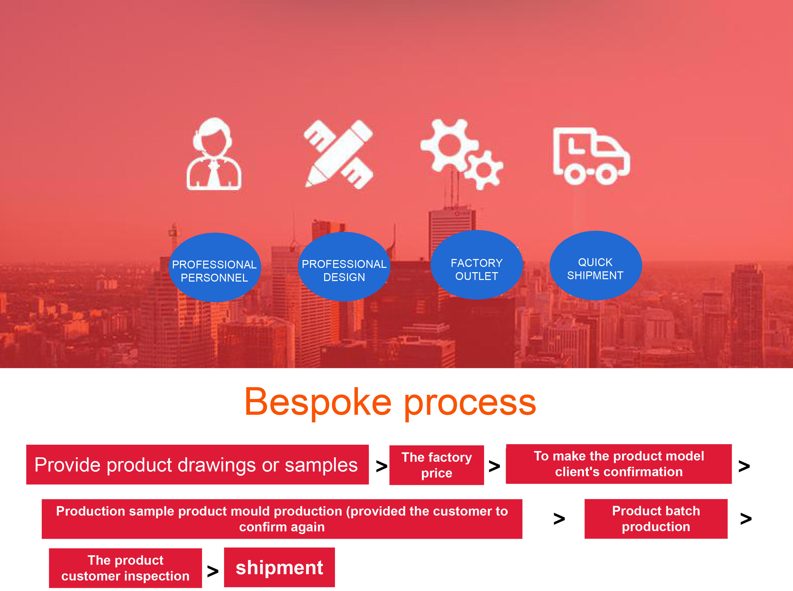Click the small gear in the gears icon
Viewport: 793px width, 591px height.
coord(484,170)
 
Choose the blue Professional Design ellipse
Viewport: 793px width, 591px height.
coord(344,267)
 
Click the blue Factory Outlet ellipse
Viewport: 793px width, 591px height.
coord(476,265)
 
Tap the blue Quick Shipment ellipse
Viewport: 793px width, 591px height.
coord(595,266)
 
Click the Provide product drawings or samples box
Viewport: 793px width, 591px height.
coord(197,465)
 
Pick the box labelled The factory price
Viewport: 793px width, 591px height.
coord(436,465)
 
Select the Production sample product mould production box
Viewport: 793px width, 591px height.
coord(282,519)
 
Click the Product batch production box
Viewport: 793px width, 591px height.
coord(656,519)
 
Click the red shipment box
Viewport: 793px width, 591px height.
coord(279,567)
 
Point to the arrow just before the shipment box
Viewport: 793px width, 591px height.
coord(213,571)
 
